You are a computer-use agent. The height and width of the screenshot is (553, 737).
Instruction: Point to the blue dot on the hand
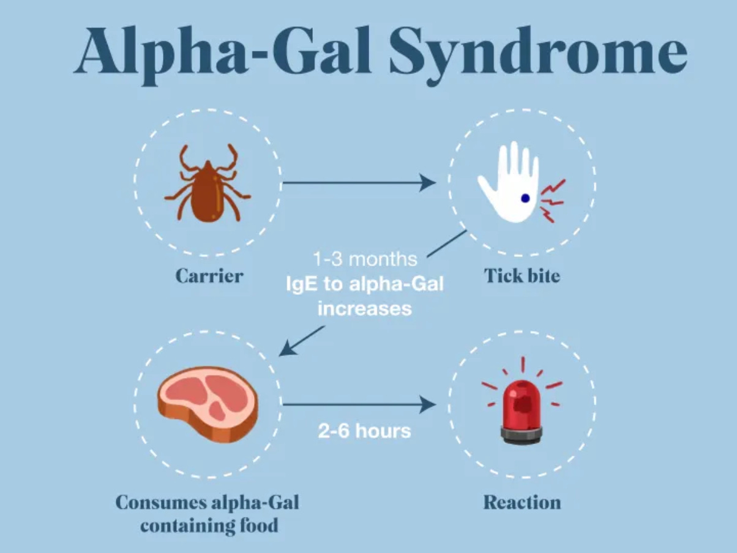[525, 198]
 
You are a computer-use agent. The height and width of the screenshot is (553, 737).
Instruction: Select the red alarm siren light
[521, 404]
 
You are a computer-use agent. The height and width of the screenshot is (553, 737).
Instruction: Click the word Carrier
[209, 276]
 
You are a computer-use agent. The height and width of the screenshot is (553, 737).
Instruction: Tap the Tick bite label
[522, 276]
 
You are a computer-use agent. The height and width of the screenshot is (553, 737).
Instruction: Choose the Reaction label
[522, 503]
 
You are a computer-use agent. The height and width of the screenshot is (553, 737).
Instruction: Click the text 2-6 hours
[364, 431]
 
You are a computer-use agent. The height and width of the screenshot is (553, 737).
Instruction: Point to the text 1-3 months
[365, 259]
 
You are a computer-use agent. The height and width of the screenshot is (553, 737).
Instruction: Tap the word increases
[364, 308]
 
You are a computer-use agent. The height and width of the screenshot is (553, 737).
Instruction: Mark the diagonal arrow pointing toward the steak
[302, 341]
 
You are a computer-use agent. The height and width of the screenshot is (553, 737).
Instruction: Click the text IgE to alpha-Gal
[365, 284]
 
